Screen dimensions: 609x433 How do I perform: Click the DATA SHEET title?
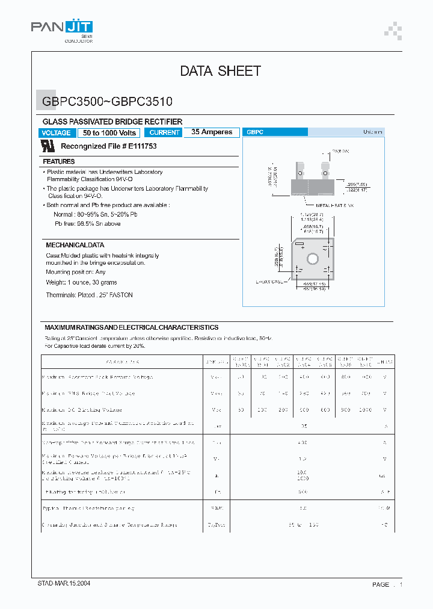pos(220,71)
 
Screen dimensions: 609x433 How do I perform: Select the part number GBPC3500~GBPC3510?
pos(108,102)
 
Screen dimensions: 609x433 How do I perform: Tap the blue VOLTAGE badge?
pos(57,133)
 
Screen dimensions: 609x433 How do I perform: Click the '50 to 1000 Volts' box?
pos(109,133)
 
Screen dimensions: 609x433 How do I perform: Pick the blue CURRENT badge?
pos(164,132)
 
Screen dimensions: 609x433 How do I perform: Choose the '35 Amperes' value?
pos(212,132)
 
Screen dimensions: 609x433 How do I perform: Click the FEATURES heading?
pos(59,161)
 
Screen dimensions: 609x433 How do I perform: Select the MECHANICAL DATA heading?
pos(75,245)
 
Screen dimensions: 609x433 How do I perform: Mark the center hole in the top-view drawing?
pos(313,259)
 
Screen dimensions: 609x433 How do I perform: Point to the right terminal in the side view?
pos(325,170)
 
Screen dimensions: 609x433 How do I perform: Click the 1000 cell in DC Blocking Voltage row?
pos(364,410)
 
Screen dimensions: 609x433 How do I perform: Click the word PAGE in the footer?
pos(381,585)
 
